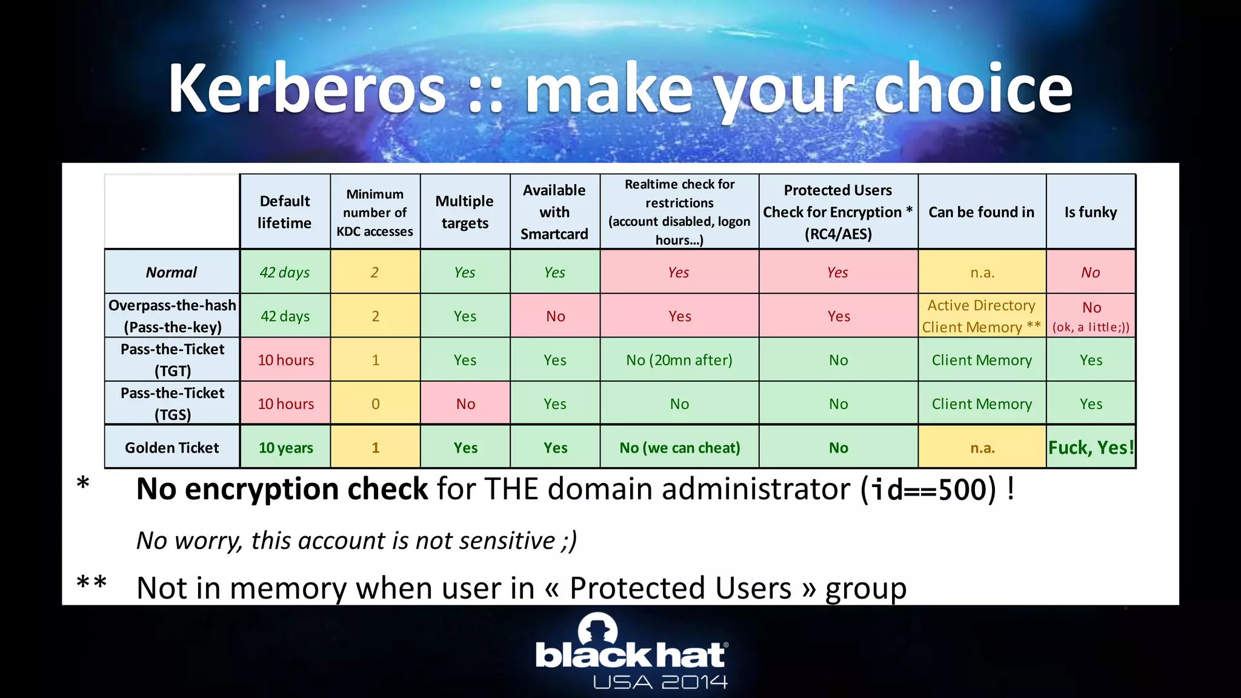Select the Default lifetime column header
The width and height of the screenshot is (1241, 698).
[284, 211]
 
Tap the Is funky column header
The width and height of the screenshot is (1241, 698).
[1090, 211]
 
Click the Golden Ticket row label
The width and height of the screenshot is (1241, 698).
[172, 447]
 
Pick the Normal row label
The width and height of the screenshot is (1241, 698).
[171, 272]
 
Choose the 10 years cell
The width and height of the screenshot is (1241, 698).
[285, 447]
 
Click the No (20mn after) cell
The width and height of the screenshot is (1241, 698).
[679, 360]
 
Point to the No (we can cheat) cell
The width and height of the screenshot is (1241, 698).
[679, 447]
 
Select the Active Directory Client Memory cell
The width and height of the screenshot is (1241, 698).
[981, 316]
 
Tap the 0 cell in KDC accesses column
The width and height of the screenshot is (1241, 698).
[375, 404]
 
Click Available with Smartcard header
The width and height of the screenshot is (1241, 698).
[554, 211]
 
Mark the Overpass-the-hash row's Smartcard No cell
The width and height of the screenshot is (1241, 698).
[555, 316]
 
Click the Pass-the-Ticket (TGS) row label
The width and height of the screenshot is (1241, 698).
[172, 404]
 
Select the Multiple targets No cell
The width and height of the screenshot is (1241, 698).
[465, 404]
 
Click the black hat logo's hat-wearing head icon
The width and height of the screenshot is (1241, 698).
[597, 630]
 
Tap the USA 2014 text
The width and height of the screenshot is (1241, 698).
[660, 682]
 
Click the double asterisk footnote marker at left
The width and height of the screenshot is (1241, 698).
[91, 583]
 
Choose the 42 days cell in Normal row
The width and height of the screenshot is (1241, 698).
[284, 272]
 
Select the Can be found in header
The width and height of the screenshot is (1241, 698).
[981, 211]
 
